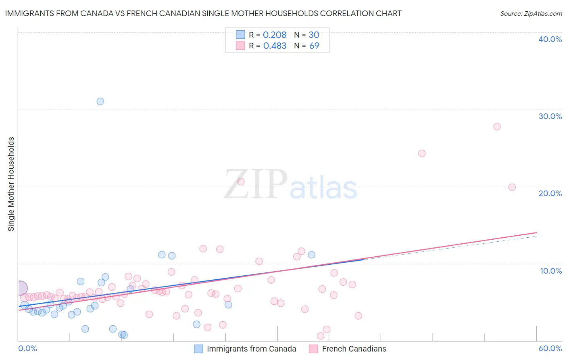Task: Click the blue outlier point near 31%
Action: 100,101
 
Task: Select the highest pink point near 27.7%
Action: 497,127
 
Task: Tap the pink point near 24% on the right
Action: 422,153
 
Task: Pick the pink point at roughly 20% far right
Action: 512,187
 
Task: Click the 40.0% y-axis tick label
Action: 550,39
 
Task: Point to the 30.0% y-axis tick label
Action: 550,116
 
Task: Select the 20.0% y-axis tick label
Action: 550,193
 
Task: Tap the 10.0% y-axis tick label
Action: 551,271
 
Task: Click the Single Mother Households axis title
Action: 11,184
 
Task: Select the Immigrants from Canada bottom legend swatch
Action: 198,349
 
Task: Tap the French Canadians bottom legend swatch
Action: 314,349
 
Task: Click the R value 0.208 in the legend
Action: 275,35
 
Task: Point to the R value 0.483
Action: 275,46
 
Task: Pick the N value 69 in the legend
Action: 314,46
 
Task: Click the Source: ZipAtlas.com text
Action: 531,14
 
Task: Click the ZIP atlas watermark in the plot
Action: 290,185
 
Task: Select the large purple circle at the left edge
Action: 20,288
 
